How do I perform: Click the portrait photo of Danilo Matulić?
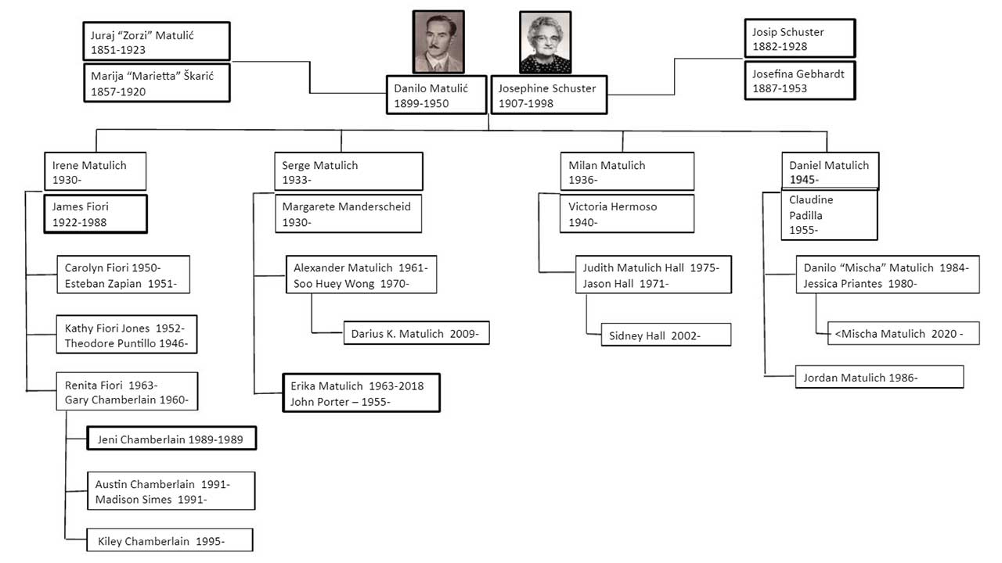pos(438,42)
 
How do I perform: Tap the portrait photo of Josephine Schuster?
pos(546,42)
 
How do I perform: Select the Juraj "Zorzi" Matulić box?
pos(157,41)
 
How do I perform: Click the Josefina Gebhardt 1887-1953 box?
pos(800,81)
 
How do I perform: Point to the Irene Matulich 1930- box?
pos(96,171)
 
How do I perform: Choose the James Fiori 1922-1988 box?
pos(96,214)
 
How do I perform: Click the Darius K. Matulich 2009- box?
pos(416,333)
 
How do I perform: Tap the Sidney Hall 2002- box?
pos(666,335)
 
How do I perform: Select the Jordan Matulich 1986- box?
pos(879,377)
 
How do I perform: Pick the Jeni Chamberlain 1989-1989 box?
pos(171,439)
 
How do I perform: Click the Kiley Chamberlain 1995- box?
pos(170,540)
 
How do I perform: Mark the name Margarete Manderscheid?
pos(346,207)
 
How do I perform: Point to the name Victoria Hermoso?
pos(612,207)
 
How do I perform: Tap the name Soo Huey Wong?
pos(333,284)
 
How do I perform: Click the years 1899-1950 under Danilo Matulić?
pos(421,104)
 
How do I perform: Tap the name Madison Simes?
pos(133,499)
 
